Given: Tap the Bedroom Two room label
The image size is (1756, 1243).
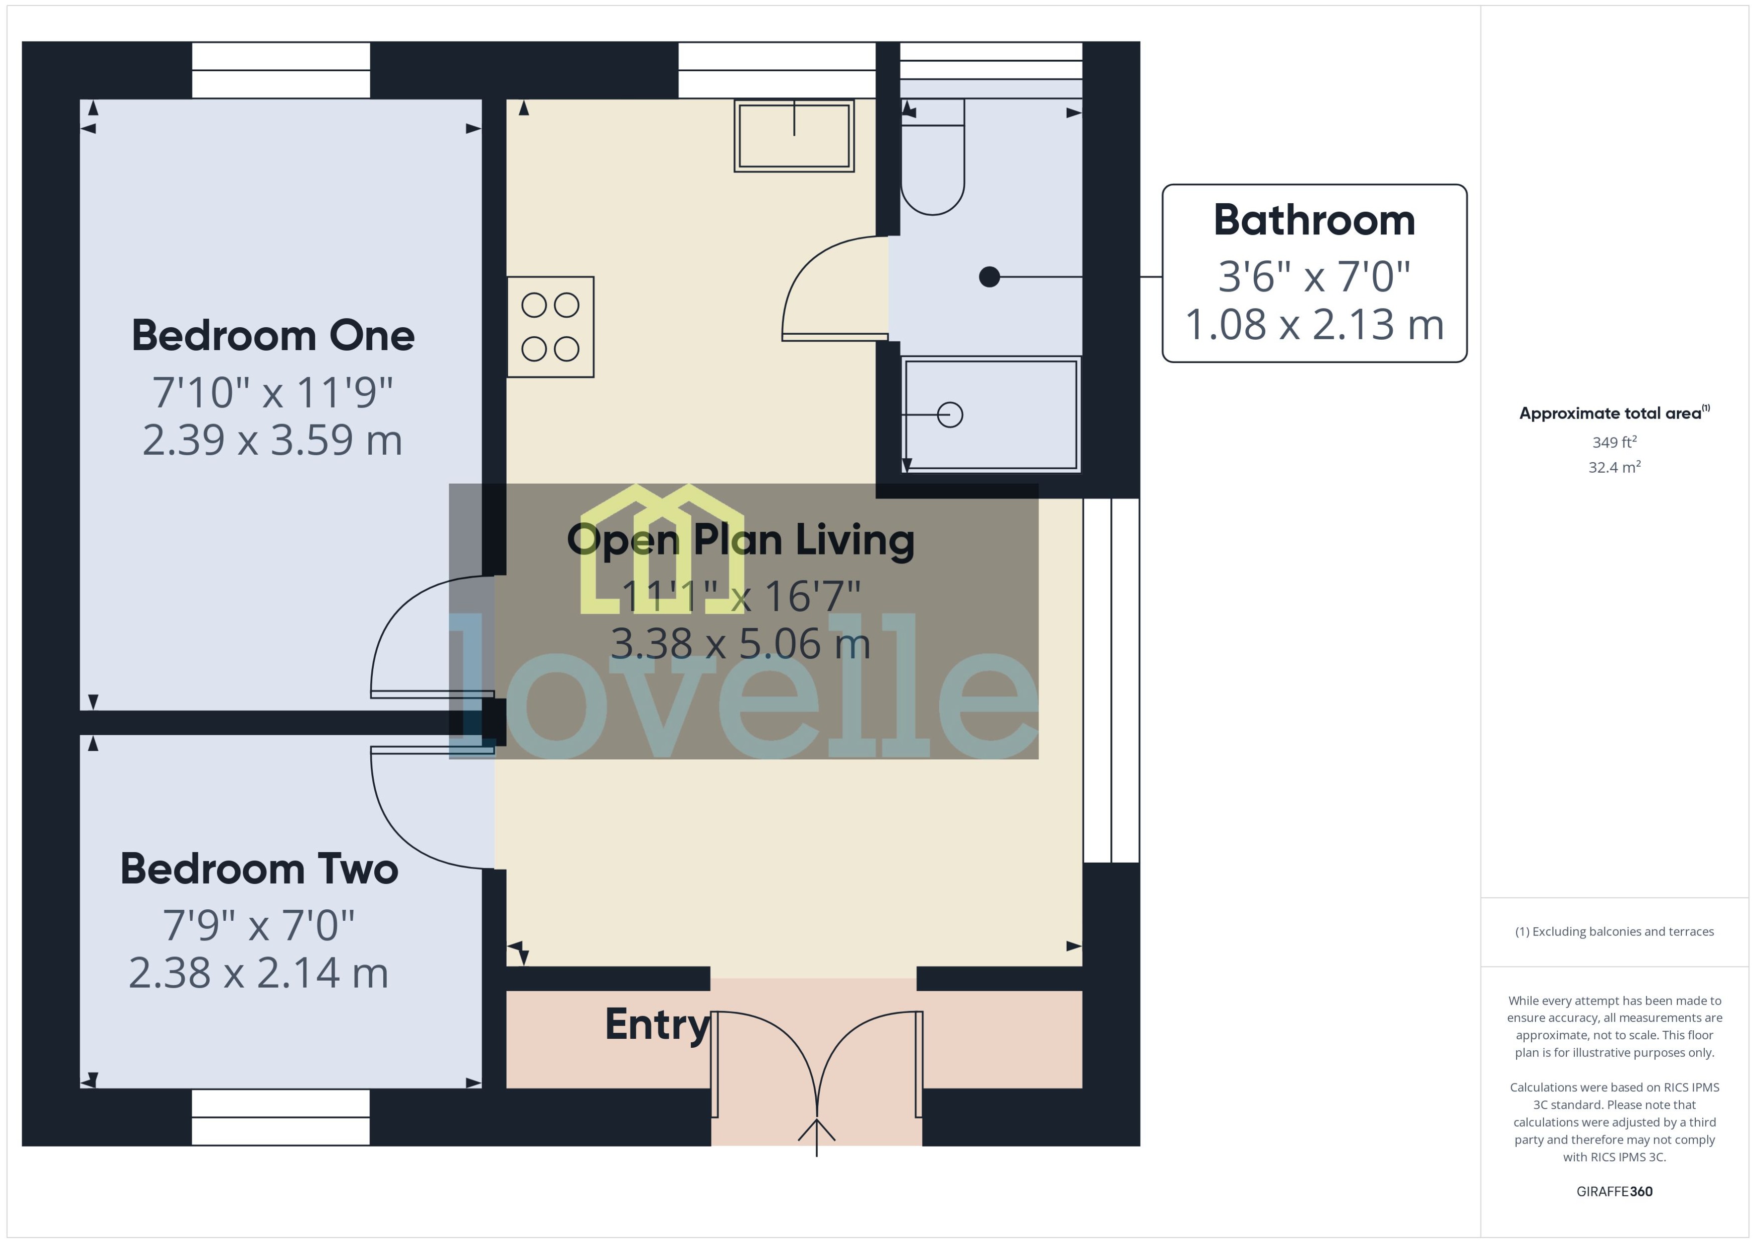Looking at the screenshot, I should pyautogui.click(x=259, y=870).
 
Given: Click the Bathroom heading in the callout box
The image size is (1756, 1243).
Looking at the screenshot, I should pyautogui.click(x=1314, y=220).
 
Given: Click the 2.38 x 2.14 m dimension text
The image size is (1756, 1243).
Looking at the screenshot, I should pyautogui.click(x=258, y=973).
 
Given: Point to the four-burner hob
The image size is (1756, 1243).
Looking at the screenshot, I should pyautogui.click(x=550, y=327).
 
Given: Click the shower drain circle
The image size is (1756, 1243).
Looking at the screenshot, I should pyautogui.click(x=950, y=415).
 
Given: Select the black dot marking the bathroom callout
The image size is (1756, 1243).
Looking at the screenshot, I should pyautogui.click(x=989, y=277).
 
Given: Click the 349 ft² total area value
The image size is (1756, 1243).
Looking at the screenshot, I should pyautogui.click(x=1615, y=443).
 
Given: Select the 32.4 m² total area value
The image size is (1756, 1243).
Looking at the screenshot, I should pyautogui.click(x=1615, y=467).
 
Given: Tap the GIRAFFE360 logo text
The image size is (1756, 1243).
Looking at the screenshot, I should pyautogui.click(x=1615, y=1192).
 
